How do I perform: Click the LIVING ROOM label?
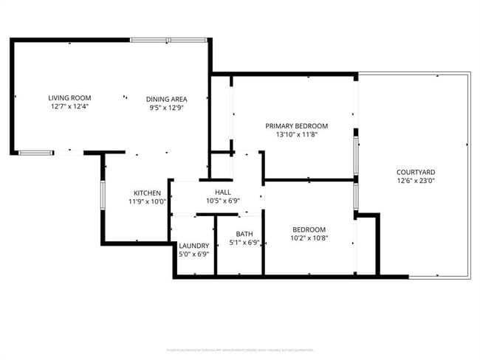[69, 98]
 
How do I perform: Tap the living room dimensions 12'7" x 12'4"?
[69, 107]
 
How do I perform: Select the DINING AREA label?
[166, 99]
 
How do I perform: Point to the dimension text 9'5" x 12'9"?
[166, 108]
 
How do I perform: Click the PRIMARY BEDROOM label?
[296, 126]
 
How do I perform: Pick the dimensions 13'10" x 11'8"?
[296, 135]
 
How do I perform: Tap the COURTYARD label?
[416, 172]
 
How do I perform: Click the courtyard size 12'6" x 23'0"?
[416, 181]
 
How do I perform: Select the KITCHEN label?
[147, 193]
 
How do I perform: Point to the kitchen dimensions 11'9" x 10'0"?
[147, 201]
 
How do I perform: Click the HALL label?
[223, 192]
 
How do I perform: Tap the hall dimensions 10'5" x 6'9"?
[223, 201]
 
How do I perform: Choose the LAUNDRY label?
[194, 246]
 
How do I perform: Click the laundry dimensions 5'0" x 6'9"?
[194, 255]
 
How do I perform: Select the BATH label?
[244, 234]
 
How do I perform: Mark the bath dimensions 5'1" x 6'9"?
[244, 242]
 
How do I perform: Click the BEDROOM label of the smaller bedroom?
[308, 229]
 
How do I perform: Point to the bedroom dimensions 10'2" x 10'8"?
[308, 238]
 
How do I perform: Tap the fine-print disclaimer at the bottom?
[239, 349]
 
